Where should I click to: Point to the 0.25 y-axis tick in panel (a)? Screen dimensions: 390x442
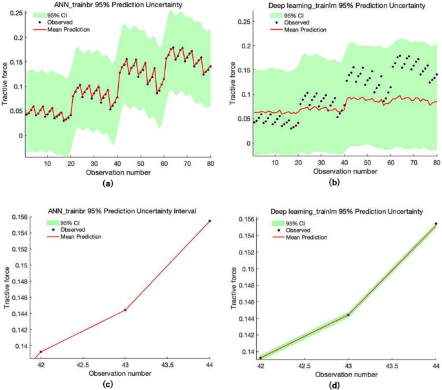coord(15,12)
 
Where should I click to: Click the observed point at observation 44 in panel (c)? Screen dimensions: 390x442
coord(210,221)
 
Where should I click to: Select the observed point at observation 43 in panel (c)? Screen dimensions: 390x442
coord(125,310)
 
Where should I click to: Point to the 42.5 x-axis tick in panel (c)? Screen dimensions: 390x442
coord(82,364)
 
